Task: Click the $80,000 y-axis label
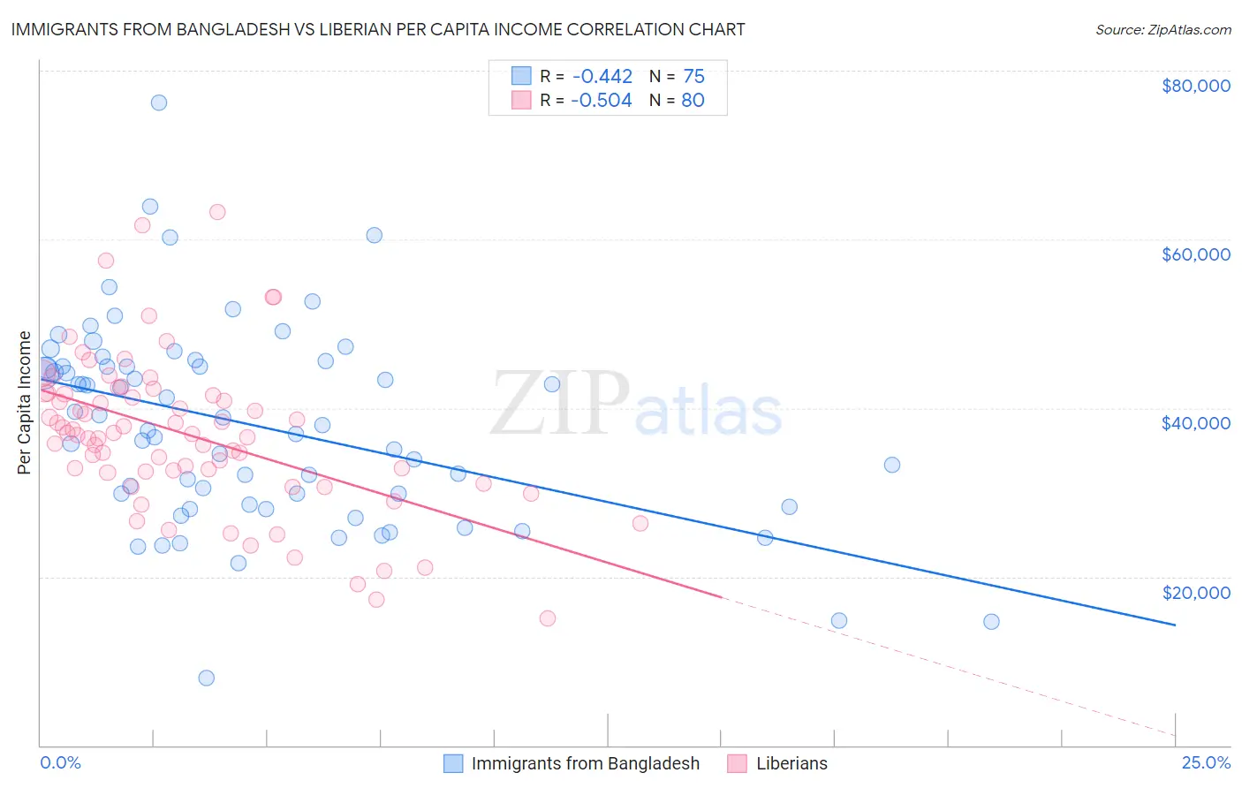[x=1195, y=86]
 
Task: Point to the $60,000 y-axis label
[x=1195, y=254]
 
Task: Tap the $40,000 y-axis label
[x=1195, y=423]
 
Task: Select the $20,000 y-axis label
[x=1195, y=592]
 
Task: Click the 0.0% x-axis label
[x=60, y=762]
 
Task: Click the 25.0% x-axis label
[x=1206, y=762]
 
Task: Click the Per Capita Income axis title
[x=25, y=402]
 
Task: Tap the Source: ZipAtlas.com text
[x=1162, y=29]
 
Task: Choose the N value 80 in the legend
[x=693, y=101]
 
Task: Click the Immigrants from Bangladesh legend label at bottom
[x=585, y=763]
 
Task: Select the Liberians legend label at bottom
[x=791, y=763]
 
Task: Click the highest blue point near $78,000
[x=159, y=102]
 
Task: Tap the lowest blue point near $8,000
[x=207, y=678]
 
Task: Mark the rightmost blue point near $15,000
[x=991, y=621]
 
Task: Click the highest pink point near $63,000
[x=217, y=212]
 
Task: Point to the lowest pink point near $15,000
[x=548, y=618]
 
